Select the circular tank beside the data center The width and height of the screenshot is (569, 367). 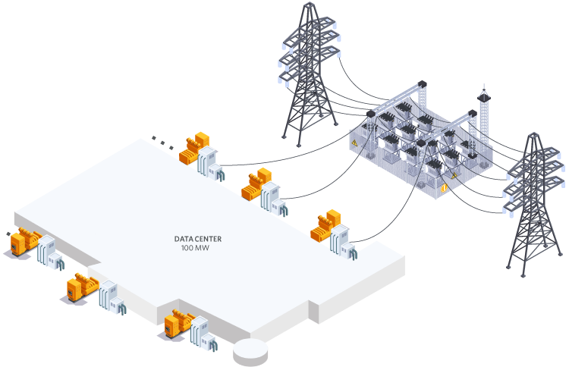(252, 351)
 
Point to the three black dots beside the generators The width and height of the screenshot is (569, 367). (161, 140)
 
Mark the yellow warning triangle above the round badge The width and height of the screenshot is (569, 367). (454, 176)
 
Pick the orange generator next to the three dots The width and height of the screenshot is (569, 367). (193, 149)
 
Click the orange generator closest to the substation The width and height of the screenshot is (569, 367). (325, 226)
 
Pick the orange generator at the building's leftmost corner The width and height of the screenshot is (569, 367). (23, 240)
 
